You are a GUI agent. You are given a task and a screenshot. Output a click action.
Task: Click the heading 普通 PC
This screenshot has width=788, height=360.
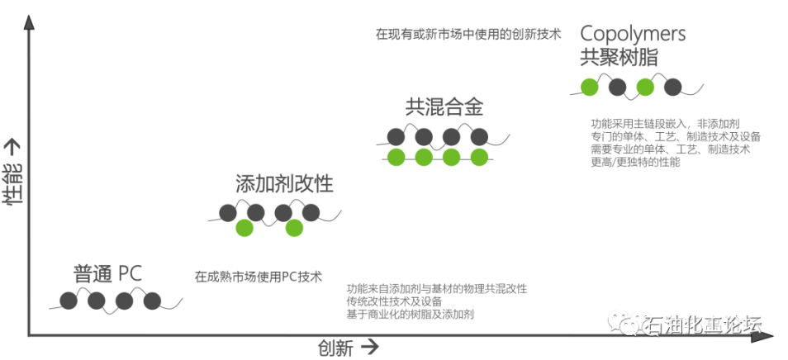107,273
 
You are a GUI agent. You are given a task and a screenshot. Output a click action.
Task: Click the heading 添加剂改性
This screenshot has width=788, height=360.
284,184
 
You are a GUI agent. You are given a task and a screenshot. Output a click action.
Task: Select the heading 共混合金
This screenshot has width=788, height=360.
444,107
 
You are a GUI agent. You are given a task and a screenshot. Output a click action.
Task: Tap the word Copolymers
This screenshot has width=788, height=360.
633,34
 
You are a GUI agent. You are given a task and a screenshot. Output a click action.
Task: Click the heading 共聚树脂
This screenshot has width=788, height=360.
619,57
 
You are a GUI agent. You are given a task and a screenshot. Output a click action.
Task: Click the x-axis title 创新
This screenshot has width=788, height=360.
335,348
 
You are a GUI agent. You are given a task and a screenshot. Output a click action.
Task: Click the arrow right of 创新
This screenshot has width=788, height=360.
370,347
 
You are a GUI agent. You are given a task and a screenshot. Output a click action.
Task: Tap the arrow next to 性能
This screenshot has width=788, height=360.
12,148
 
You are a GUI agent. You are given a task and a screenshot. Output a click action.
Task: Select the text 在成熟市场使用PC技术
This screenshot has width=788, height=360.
259,277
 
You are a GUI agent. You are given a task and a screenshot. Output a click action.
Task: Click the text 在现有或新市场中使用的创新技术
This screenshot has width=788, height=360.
468,34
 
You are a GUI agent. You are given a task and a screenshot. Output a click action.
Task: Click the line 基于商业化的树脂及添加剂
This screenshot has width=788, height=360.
410,315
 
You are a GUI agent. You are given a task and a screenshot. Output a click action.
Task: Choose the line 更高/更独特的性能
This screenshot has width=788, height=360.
635,162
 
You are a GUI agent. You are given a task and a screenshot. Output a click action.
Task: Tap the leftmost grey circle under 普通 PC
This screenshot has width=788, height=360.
69,301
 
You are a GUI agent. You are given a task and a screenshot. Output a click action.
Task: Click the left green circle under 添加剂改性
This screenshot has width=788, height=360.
244,228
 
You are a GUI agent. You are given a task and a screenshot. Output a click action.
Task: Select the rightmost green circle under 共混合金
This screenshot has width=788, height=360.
479,157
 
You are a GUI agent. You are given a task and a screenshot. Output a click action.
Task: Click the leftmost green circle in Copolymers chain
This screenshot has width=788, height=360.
590,87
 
